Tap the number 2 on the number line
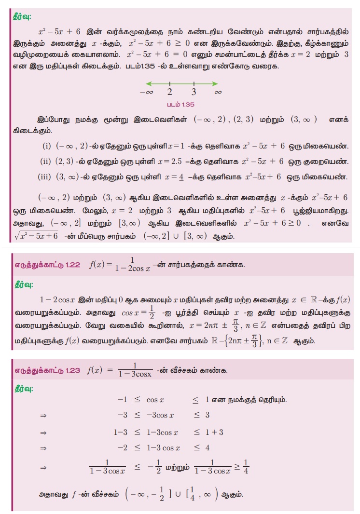click(170, 92)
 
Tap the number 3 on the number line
click(194, 92)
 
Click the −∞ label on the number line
click(146, 92)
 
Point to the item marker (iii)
click(46, 176)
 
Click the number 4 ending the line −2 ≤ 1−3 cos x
click(207, 447)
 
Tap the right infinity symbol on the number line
click(218, 92)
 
